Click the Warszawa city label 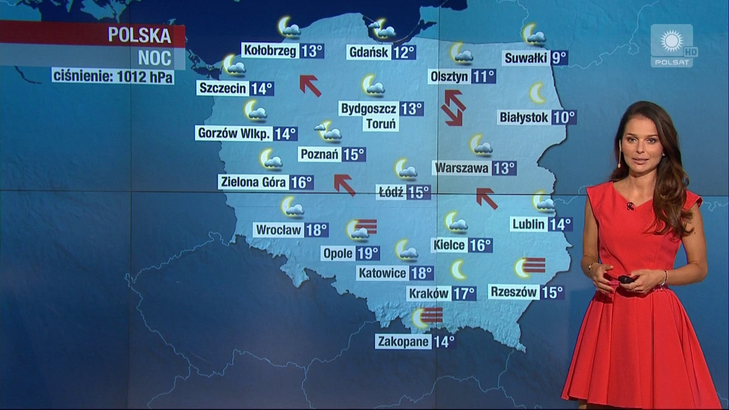[462, 168]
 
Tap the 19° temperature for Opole [368, 253]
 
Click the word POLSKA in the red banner [140, 35]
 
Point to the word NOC [154, 58]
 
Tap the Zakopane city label [403, 342]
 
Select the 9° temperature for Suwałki [559, 58]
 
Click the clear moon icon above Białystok [537, 93]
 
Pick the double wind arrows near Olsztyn [453, 108]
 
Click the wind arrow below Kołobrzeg [310, 85]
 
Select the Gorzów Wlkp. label [234, 133]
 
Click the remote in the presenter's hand [626, 279]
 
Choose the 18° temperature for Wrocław [317, 230]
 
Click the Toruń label [380, 124]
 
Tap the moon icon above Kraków [458, 270]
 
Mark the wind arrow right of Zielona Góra [344, 184]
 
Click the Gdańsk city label [368, 52]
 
